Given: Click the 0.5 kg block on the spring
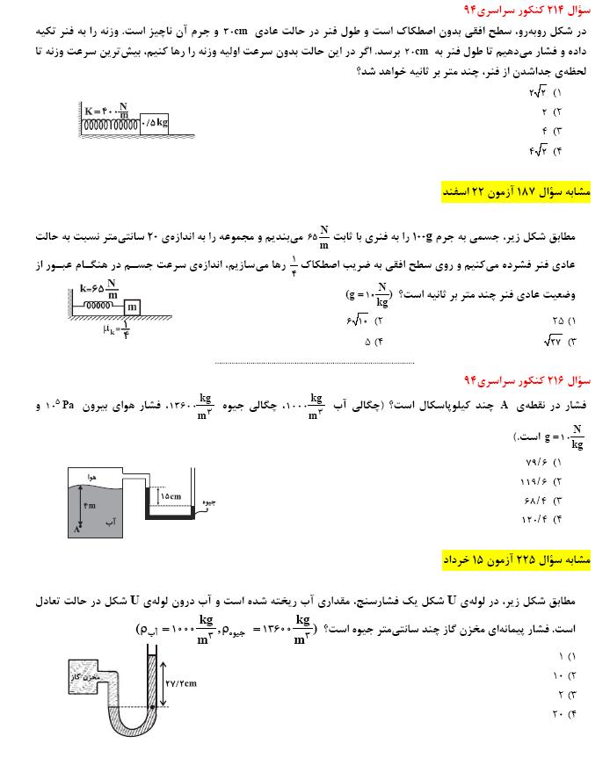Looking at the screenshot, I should [155, 122].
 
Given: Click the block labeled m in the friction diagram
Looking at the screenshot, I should [130, 307].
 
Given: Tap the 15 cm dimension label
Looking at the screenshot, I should [170, 496].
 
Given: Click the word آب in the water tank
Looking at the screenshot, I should [111, 521].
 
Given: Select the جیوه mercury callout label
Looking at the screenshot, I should [209, 504].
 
